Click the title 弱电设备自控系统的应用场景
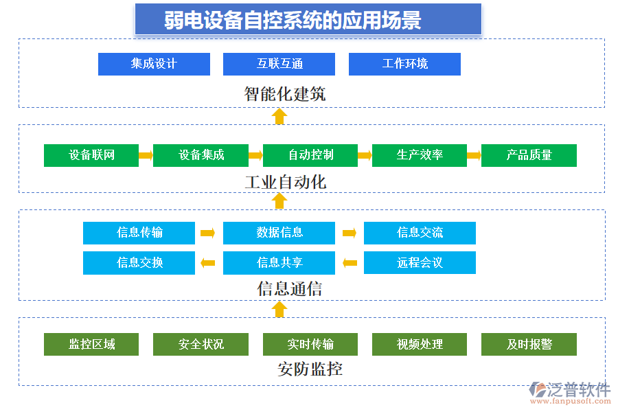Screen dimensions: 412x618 tap(308, 20)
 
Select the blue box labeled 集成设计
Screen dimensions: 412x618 tap(154, 64)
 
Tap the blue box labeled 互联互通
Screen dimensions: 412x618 tap(279, 64)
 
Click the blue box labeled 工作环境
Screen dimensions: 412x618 tap(404, 64)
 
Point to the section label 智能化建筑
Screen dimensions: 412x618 tap(285, 94)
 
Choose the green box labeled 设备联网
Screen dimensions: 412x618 tap(91, 155)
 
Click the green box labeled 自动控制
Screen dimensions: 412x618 tap(310, 155)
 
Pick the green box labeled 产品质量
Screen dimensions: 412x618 tap(529, 155)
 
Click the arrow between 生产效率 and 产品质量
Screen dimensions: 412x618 tap(474, 155)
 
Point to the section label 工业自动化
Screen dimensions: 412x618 tap(285, 183)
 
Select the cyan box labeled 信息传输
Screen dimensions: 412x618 tap(139, 233)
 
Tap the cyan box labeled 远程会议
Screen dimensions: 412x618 tap(420, 262)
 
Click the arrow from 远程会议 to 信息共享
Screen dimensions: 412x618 tap(350, 262)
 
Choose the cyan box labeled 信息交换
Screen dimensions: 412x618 tap(139, 262)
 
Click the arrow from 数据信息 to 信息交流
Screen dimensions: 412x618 tap(350, 233)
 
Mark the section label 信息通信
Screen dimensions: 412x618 tap(289, 289)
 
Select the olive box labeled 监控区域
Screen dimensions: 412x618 tap(91, 344)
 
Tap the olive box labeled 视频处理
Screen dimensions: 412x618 tap(420, 344)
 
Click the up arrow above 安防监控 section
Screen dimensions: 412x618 tap(279, 310)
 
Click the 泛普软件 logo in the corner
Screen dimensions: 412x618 tap(570, 392)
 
